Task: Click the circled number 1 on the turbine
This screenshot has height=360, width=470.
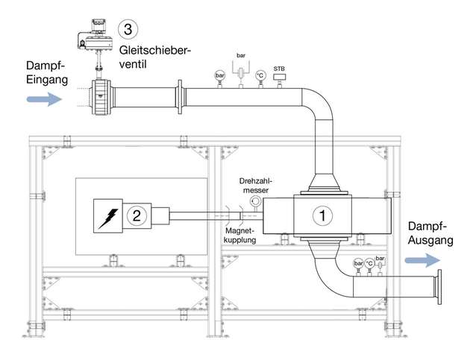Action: [x=322, y=215]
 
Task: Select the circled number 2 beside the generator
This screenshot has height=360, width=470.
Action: [x=136, y=216]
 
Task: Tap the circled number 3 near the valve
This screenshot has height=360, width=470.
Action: [x=129, y=30]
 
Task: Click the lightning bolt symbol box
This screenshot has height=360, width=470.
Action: [x=108, y=216]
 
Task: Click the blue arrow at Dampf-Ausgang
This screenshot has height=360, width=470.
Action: [x=422, y=260]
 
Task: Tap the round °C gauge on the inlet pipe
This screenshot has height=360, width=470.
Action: [x=260, y=75]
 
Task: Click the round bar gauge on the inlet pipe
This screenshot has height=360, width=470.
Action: [x=220, y=75]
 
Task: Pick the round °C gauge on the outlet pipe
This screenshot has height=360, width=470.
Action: [x=369, y=264]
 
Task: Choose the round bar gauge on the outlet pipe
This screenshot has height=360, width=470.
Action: [x=358, y=264]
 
